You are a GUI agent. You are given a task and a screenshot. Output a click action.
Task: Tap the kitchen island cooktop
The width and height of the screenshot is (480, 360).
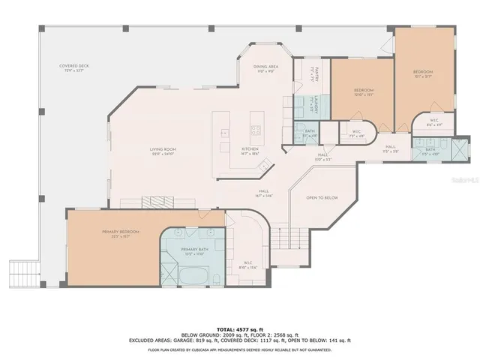click(255, 130)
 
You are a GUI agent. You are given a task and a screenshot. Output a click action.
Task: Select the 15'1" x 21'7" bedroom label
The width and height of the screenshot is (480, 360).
click(423, 73)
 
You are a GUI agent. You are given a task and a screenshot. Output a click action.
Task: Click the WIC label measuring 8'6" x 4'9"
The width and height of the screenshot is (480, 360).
click(434, 123)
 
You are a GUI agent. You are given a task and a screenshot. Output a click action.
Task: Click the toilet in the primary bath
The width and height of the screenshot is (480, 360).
click(215, 279)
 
